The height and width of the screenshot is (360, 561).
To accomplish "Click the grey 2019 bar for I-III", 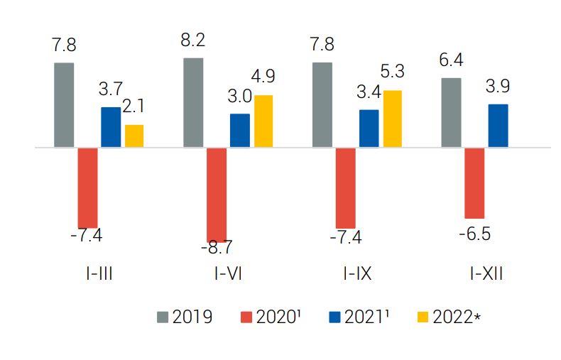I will pos(64,105).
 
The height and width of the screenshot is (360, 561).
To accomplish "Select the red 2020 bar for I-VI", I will pos(217,195).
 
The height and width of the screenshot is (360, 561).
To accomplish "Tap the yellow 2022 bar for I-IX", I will pos(392,119).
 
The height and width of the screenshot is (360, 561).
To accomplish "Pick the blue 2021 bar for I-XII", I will pos(498,126).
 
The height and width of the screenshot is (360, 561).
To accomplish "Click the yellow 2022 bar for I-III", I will pos(134,136).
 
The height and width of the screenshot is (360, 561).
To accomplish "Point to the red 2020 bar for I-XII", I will pos(474,182).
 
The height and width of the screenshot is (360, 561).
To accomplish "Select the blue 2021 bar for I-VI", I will pos(240,131).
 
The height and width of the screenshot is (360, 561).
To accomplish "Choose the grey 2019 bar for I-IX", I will pos(322,105).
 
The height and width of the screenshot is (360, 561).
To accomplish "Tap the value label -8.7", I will pos(217,248).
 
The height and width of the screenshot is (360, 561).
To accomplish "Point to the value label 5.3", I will pos(392,72).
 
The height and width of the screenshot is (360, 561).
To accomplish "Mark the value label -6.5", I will pos(476,234).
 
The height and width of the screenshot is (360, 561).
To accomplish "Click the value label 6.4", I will pos(452,60).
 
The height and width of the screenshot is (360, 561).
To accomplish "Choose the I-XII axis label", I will pos(486,273).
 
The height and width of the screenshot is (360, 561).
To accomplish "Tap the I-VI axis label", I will pos(228,273).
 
